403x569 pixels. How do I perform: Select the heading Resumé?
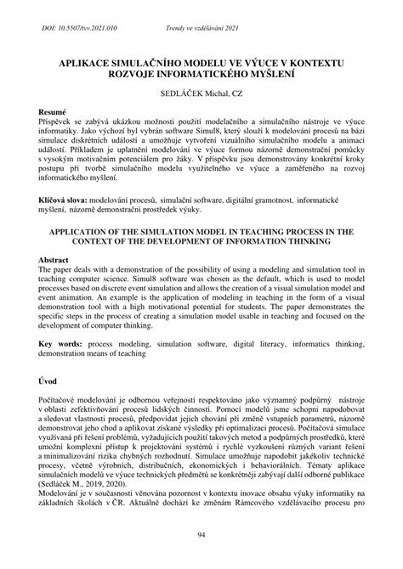pyautogui.click(x=55, y=111)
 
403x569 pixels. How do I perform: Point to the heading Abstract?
pyautogui.click(x=57, y=261)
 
